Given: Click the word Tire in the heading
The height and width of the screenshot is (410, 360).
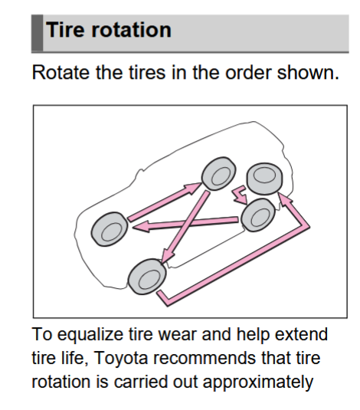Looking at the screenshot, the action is pyautogui.click(x=66, y=30).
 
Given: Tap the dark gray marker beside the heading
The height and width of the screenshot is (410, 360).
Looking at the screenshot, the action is pyautogui.click(x=37, y=33).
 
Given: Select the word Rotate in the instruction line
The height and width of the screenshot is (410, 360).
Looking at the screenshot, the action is pyautogui.click(x=61, y=72).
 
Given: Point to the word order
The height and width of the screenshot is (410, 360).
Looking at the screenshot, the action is pyautogui.click(x=248, y=72).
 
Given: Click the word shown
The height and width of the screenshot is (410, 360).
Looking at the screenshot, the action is pyautogui.click(x=308, y=72).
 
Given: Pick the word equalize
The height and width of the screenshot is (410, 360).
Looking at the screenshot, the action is pyautogui.click(x=90, y=335).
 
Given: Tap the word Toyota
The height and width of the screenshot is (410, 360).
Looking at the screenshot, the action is pyautogui.click(x=121, y=359).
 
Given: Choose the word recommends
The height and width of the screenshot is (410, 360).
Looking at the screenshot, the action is pyautogui.click(x=205, y=358).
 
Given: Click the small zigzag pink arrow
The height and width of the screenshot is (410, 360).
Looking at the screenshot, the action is pyautogui.click(x=240, y=195).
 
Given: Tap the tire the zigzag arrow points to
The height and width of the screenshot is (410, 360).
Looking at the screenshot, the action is pyautogui.click(x=258, y=215).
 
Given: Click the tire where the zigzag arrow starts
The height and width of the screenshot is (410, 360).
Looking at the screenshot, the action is pyautogui.click(x=264, y=179).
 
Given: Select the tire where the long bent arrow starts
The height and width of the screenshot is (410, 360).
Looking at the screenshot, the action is pyautogui.click(x=147, y=277).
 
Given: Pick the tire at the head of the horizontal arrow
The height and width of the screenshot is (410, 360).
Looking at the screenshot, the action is pyautogui.click(x=110, y=229).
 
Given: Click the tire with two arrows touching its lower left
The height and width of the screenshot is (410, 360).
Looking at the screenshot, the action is pyautogui.click(x=218, y=174).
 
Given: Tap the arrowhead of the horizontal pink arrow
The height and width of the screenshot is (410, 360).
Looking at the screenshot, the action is pyautogui.click(x=141, y=226).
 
